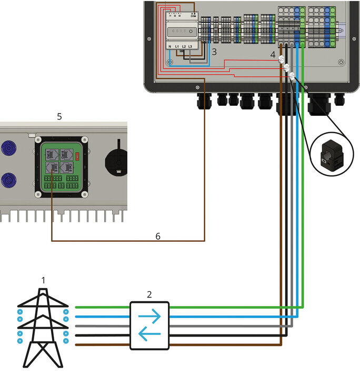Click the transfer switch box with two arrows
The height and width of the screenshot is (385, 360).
(x=149, y=325)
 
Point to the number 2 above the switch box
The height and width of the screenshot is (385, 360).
(x=149, y=294)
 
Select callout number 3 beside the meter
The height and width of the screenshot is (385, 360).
(x=214, y=52)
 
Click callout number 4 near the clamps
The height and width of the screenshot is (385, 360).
(x=273, y=54)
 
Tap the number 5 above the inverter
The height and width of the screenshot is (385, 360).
(x=59, y=116)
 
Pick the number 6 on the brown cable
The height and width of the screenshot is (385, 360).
(x=157, y=236)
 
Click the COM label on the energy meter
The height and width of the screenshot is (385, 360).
(x=193, y=16)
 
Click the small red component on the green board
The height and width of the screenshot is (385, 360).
(x=77, y=155)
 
